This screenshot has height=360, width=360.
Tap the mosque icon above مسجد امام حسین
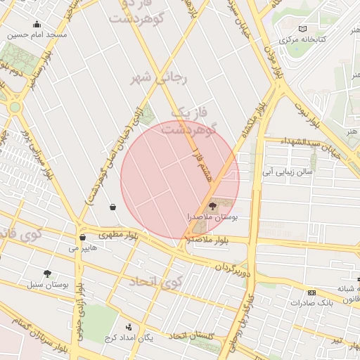point(37,25)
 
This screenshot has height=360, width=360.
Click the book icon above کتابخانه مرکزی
point(302,29)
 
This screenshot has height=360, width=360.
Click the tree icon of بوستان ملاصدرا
point(213,206)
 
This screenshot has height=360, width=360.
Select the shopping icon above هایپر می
point(83,238)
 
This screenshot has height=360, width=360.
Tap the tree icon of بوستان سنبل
point(48,274)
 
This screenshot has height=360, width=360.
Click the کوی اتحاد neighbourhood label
point(155,281)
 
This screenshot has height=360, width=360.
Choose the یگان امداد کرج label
point(149,337)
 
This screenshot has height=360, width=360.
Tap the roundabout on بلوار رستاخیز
point(15,107)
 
